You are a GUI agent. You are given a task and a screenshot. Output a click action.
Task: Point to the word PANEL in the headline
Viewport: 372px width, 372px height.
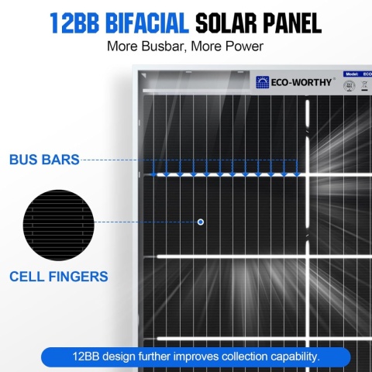pyautogui.click(x=293, y=22)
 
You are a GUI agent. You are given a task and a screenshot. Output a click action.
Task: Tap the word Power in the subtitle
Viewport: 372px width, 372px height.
pyautogui.click(x=242, y=46)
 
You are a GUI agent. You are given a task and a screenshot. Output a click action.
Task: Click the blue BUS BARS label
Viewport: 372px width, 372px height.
pyautogui.click(x=44, y=160)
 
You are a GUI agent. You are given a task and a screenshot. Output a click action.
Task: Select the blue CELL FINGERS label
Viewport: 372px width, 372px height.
pyautogui.click(x=59, y=275)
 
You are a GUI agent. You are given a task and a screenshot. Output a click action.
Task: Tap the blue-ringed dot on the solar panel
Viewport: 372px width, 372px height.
pyautogui.click(x=201, y=222)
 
